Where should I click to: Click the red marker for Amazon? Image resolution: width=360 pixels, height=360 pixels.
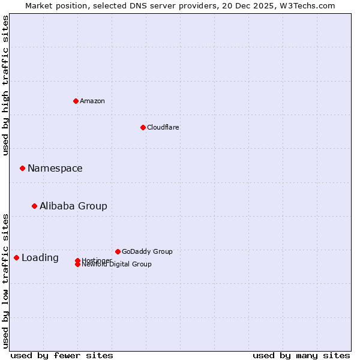pos(76,101)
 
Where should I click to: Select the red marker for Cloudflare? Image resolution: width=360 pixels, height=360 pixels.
pos(143,127)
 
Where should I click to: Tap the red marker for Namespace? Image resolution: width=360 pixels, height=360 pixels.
pos(22,168)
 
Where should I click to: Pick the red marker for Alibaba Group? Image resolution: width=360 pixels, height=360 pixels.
pos(34,206)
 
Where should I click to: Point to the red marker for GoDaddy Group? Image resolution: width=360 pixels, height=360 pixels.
pos(118,251)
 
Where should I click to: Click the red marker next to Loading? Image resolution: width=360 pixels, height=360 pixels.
pos(16,257)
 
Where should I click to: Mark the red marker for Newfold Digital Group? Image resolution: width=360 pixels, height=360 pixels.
pos(77,265)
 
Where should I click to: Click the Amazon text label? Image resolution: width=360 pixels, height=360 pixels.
pos(92,101)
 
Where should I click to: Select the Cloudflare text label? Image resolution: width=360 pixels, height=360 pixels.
pos(163,127)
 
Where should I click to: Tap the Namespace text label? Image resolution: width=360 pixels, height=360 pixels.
pos(55,168)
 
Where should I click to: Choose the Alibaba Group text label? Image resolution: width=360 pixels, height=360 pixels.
pos(73,206)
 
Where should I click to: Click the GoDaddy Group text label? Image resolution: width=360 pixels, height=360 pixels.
pos(147,251)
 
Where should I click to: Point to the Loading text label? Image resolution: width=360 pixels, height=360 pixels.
pos(40,257)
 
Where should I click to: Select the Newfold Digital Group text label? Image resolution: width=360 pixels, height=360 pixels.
pos(117,265)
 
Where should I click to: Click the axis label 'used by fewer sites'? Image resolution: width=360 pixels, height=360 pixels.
pos(62,355)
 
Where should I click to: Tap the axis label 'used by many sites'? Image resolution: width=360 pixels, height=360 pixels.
pos(301,355)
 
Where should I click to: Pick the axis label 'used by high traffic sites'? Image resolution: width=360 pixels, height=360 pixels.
pos(5,85)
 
